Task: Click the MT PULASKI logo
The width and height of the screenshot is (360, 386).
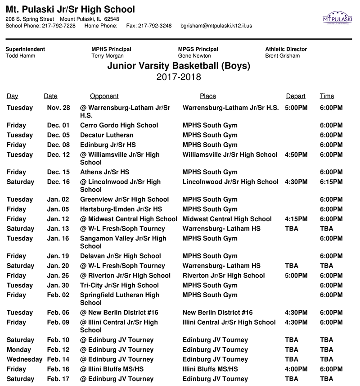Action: (x=337, y=18)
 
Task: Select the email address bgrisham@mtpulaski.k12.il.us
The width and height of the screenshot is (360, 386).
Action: (x=216, y=26)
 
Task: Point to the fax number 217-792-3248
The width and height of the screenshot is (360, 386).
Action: (x=155, y=26)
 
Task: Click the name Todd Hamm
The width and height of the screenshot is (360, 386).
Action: (x=20, y=56)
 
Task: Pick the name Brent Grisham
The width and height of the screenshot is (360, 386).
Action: (x=283, y=56)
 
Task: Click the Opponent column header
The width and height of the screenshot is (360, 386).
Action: (x=104, y=96)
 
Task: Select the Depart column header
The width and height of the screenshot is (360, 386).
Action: (x=296, y=96)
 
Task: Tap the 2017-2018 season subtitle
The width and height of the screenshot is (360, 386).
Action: (x=179, y=77)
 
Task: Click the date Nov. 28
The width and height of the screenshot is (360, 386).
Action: (x=58, y=108)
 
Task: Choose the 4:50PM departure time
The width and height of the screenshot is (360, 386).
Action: (x=296, y=154)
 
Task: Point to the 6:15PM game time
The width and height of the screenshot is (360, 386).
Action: (x=331, y=182)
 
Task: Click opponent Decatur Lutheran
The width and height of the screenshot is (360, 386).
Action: (x=107, y=135)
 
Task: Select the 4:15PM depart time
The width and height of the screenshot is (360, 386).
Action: (x=296, y=219)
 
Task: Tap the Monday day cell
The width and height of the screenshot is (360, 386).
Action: (x=19, y=350)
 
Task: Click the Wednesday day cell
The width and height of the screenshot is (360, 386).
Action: (x=24, y=359)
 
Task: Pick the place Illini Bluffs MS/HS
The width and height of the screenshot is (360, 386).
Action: (x=210, y=369)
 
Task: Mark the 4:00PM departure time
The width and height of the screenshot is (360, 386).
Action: (x=296, y=369)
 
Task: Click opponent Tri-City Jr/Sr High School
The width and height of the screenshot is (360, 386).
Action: (x=119, y=285)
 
